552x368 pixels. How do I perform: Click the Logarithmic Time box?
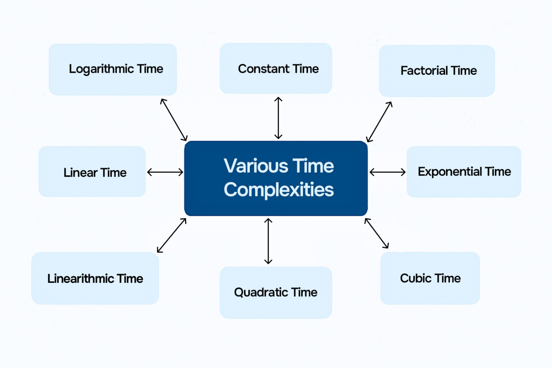pos(113,69)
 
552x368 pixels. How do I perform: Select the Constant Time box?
pos(276,68)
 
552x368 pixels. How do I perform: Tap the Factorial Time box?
pos(437,71)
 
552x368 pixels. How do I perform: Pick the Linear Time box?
pos(92,171)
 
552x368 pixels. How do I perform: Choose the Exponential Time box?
pos(464,172)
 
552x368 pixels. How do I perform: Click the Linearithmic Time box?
pos(95,278)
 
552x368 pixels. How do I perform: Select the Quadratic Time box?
pos(276,292)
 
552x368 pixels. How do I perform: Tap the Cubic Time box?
pos(430,278)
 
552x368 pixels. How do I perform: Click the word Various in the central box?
pos(256,166)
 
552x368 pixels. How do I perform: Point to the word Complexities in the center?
pos(279,190)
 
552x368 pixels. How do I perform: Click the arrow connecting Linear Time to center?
pos(165,172)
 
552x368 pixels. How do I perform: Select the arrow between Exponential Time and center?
pos(387,172)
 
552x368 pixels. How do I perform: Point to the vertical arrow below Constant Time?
pos(278,118)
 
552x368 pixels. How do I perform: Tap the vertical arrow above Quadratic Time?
pos(268,241)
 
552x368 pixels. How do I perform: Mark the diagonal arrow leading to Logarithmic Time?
pos(174,120)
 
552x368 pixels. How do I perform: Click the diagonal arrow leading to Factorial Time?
pos(379,122)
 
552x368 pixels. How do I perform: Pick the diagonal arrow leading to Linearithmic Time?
pos(172,235)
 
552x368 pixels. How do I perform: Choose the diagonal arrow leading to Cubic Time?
pos(377,233)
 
